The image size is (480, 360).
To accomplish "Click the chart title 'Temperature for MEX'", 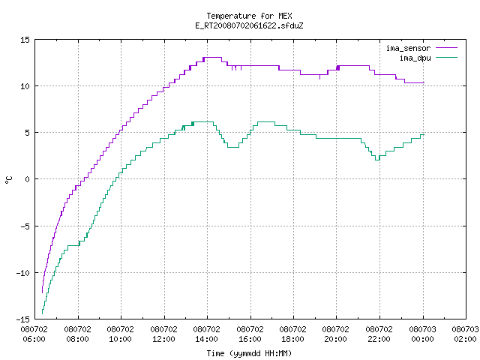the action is click(x=249, y=16).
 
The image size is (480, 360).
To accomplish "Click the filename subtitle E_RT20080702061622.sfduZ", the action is click(x=249, y=25).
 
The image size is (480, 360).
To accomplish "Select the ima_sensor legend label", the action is click(x=408, y=48).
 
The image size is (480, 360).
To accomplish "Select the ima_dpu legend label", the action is click(x=415, y=58).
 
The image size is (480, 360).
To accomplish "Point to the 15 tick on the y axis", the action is click(x=25, y=40).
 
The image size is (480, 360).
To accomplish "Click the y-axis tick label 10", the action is click(x=25, y=86).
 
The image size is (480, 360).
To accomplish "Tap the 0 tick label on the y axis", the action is click(x=28, y=179).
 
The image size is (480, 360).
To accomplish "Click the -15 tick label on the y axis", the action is click(x=23, y=319).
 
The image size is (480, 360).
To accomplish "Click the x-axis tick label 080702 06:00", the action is click(x=34, y=334).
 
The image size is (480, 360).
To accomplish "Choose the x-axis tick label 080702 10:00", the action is click(x=120, y=334).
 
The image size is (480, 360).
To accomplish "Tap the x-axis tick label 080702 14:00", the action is click(x=207, y=334).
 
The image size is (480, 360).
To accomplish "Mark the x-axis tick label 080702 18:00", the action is click(x=293, y=334).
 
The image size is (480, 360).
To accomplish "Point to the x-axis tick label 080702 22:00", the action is click(x=379, y=334).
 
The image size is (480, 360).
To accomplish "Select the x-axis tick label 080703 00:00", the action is click(x=423, y=334).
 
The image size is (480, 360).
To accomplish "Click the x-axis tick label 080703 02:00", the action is click(x=465, y=334).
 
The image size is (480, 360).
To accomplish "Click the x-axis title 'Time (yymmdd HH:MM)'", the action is click(x=249, y=353).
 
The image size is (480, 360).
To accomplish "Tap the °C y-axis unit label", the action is click(x=8, y=180).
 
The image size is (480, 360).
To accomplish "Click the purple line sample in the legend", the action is click(x=447, y=48).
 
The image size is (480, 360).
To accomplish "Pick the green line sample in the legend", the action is click(x=447, y=58).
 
